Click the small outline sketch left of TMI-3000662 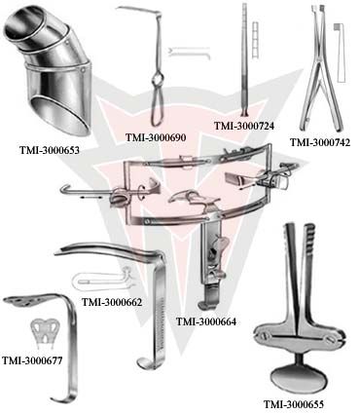click(x=95, y=281)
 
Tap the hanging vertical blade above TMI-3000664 click(x=211, y=268)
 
